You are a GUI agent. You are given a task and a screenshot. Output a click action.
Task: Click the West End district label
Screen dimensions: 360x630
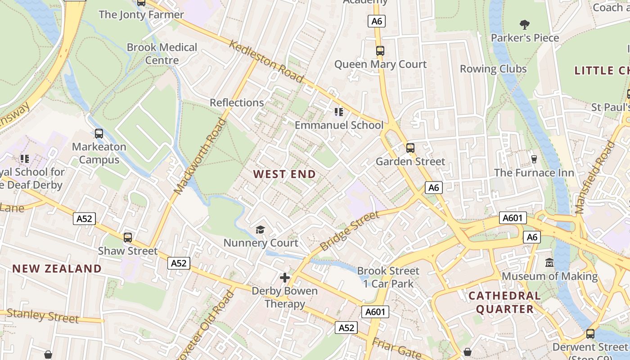click(284, 174)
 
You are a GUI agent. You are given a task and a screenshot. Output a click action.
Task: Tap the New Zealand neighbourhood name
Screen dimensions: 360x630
click(57, 269)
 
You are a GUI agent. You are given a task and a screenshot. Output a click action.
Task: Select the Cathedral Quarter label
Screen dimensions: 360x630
click(504, 302)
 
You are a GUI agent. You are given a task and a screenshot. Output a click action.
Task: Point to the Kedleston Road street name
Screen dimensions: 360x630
click(266, 61)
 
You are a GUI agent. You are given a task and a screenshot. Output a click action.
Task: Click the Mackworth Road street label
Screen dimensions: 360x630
click(199, 156)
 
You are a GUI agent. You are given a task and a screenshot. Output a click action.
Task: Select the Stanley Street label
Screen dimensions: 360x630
click(43, 315)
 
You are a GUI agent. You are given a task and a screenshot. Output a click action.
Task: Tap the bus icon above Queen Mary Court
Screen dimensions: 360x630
click(380, 51)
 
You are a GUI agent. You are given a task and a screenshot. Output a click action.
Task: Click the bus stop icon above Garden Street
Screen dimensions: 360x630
click(410, 148)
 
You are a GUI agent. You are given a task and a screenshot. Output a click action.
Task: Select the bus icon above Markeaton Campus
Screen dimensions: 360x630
click(99, 134)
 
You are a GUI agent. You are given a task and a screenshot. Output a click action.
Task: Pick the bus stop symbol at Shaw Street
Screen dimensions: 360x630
click(128, 237)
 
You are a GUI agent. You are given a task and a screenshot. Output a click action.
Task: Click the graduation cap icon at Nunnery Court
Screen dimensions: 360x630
click(261, 230)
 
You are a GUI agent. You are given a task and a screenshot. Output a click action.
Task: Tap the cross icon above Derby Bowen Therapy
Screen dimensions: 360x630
click(284, 278)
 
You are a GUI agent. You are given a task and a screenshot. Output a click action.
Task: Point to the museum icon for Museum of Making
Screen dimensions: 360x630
click(549, 262)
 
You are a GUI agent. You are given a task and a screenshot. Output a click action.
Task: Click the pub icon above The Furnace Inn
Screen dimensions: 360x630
click(534, 159)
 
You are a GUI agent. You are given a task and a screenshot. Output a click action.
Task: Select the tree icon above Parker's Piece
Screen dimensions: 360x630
click(524, 24)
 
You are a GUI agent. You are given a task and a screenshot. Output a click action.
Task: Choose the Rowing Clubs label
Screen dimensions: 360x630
click(493, 69)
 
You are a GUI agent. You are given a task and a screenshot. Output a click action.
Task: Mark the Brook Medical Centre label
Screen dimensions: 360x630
click(162, 54)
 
